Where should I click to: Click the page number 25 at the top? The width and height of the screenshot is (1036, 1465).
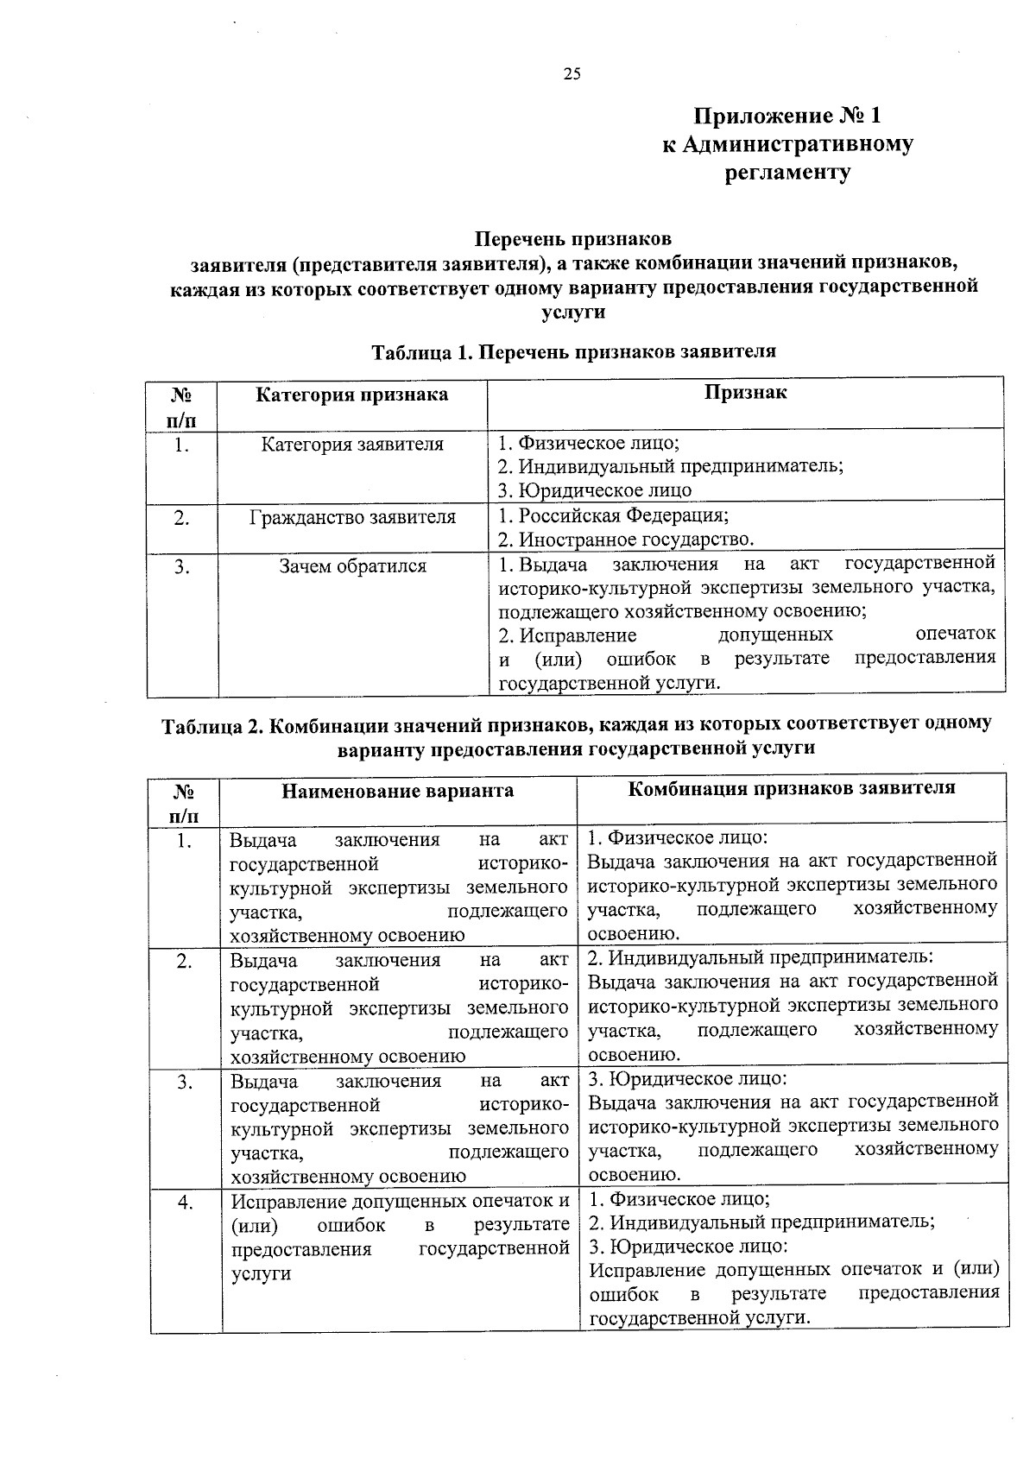[x=572, y=74]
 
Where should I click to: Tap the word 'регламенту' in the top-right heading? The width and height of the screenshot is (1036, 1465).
[x=787, y=173]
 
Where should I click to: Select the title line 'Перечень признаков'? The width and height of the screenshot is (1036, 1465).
[x=573, y=238]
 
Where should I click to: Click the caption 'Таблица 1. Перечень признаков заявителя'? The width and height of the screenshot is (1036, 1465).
[x=573, y=351]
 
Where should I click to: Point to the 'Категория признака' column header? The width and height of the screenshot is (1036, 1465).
[x=352, y=395]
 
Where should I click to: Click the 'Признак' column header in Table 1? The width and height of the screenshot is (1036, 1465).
[x=745, y=393]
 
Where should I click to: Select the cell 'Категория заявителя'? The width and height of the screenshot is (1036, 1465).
[x=352, y=445]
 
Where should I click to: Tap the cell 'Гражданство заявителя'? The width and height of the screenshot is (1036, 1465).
[x=352, y=518]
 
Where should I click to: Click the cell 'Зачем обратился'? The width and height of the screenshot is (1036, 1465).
[x=352, y=566]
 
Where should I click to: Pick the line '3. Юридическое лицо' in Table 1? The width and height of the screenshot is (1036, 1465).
[x=595, y=491]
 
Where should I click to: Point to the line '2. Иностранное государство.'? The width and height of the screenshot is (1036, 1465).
[x=626, y=540]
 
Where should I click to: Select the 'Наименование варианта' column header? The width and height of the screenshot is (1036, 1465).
[x=398, y=791]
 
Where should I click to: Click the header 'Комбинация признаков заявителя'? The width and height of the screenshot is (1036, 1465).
[x=792, y=788]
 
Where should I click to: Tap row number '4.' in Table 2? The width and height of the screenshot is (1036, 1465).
[x=185, y=1203]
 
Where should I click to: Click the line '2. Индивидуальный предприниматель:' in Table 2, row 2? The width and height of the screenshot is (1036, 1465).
[x=760, y=957]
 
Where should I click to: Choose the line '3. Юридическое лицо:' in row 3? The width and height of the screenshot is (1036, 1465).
[x=687, y=1079]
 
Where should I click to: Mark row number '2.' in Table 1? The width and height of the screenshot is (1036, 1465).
[x=181, y=518]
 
